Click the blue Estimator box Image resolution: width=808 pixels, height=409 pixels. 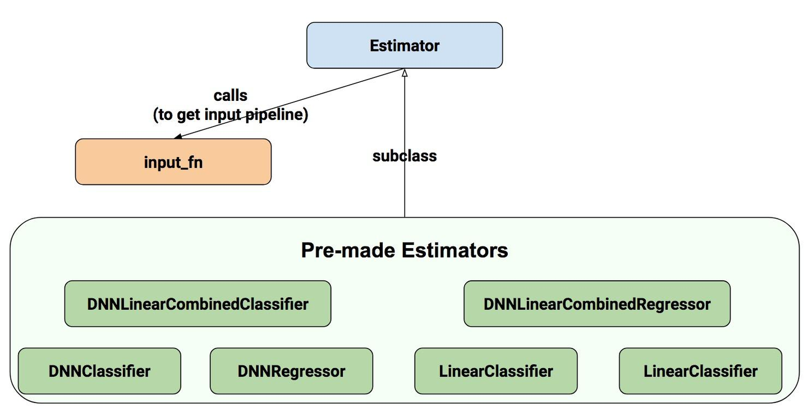coord(404,45)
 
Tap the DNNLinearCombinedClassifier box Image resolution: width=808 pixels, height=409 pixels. coord(198,304)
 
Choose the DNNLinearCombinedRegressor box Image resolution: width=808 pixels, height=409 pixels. coord(596,304)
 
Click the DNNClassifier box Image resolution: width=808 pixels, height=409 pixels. coord(99,371)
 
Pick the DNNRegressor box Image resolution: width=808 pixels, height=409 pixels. coord(291,371)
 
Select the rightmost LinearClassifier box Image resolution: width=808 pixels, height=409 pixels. coord(700,371)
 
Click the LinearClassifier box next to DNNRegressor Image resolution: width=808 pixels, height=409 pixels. coord(495,371)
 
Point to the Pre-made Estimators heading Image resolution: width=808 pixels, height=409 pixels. coord(404,250)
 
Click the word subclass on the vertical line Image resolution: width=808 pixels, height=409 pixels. coord(404,156)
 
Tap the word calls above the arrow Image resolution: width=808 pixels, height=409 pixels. coord(230,95)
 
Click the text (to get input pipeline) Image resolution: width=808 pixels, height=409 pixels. coord(231,115)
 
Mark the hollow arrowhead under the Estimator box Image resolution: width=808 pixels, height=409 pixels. coord(404,73)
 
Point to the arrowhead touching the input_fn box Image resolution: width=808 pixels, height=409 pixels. coord(177,137)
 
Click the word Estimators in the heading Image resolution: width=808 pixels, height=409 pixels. coord(455,250)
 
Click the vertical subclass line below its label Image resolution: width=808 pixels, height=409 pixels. coord(404,190)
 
